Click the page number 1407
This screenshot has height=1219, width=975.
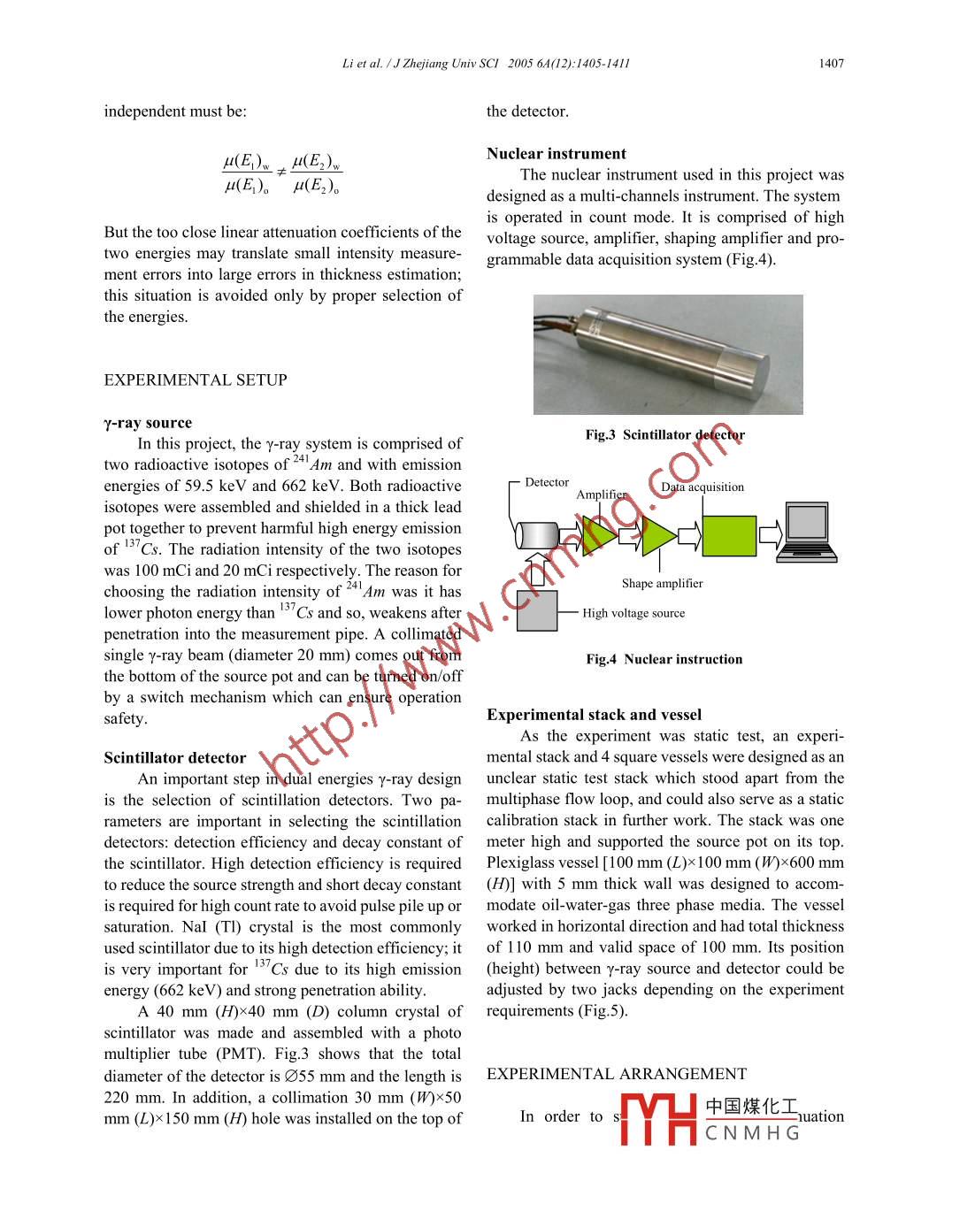pos(831,64)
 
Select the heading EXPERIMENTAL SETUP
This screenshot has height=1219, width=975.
pos(196,380)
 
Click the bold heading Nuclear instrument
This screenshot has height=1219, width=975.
pos(556,154)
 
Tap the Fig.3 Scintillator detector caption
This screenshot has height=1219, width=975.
pos(664,435)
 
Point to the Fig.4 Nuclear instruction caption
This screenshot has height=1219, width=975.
pos(664,660)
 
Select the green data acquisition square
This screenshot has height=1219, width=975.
pos(729,536)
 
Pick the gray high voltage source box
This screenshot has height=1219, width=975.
pos(537,610)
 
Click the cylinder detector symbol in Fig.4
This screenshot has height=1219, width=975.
pos(535,535)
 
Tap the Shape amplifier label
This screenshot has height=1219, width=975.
pos(662,584)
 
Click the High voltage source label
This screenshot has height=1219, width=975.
pos(633,614)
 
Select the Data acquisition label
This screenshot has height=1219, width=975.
pos(702,487)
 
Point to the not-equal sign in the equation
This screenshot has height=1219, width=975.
pos(281,172)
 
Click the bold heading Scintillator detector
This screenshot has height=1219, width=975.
pos(174,758)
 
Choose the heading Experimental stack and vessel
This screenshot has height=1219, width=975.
pos(594,716)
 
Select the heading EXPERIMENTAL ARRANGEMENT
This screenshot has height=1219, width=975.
pos(616,1075)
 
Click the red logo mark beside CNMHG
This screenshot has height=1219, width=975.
pos(658,1119)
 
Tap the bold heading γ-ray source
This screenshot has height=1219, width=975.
pos(148,424)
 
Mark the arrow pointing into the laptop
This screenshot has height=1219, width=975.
pos(771,533)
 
